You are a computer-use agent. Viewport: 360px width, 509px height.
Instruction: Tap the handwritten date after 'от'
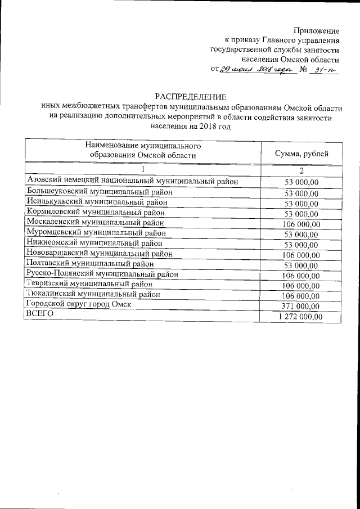click(x=255, y=70)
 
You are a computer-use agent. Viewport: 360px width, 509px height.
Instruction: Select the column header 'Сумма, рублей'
click(x=301, y=154)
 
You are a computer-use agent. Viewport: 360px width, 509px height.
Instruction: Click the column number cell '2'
click(x=301, y=170)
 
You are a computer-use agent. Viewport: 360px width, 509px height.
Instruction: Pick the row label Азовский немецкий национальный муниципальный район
click(x=132, y=181)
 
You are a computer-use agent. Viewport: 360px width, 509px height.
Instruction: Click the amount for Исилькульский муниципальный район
click(x=302, y=203)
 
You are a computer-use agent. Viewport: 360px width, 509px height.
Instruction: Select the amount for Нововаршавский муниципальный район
click(x=301, y=255)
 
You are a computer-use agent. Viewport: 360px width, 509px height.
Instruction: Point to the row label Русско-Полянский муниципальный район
click(x=102, y=274)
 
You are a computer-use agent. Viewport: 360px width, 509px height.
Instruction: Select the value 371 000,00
click(x=301, y=306)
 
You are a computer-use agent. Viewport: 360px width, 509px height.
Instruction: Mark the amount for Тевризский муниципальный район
click(x=301, y=286)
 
